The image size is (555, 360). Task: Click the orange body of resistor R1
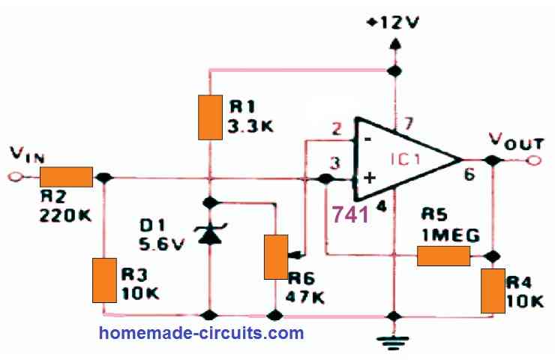pyautogui.click(x=210, y=117)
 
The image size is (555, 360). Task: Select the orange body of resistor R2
pyautogui.click(x=66, y=177)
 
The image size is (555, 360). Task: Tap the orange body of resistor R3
pyautogui.click(x=104, y=280)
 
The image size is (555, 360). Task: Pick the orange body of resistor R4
pyautogui.click(x=493, y=291)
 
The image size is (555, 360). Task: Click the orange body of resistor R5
pyautogui.click(x=443, y=256)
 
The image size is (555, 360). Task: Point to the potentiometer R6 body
pyautogui.click(x=276, y=257)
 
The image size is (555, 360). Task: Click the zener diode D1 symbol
pyautogui.click(x=210, y=234)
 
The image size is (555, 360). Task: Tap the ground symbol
pyautogui.click(x=394, y=340)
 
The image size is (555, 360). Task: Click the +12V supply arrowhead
pyautogui.click(x=394, y=43)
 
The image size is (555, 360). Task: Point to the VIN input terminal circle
pyautogui.click(x=14, y=177)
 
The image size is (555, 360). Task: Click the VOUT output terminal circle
pyautogui.click(x=534, y=160)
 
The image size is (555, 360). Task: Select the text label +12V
pyautogui.click(x=393, y=22)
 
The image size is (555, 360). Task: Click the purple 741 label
pyautogui.click(x=350, y=214)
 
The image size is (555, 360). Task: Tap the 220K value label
pyautogui.click(x=65, y=214)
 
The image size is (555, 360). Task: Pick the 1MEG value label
pyautogui.click(x=451, y=235)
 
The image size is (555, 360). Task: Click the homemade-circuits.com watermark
pyautogui.click(x=202, y=334)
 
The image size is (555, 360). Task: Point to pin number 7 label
pyautogui.click(x=408, y=124)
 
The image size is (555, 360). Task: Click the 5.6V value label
pyautogui.click(x=162, y=244)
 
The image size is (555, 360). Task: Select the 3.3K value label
pyautogui.click(x=250, y=126)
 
